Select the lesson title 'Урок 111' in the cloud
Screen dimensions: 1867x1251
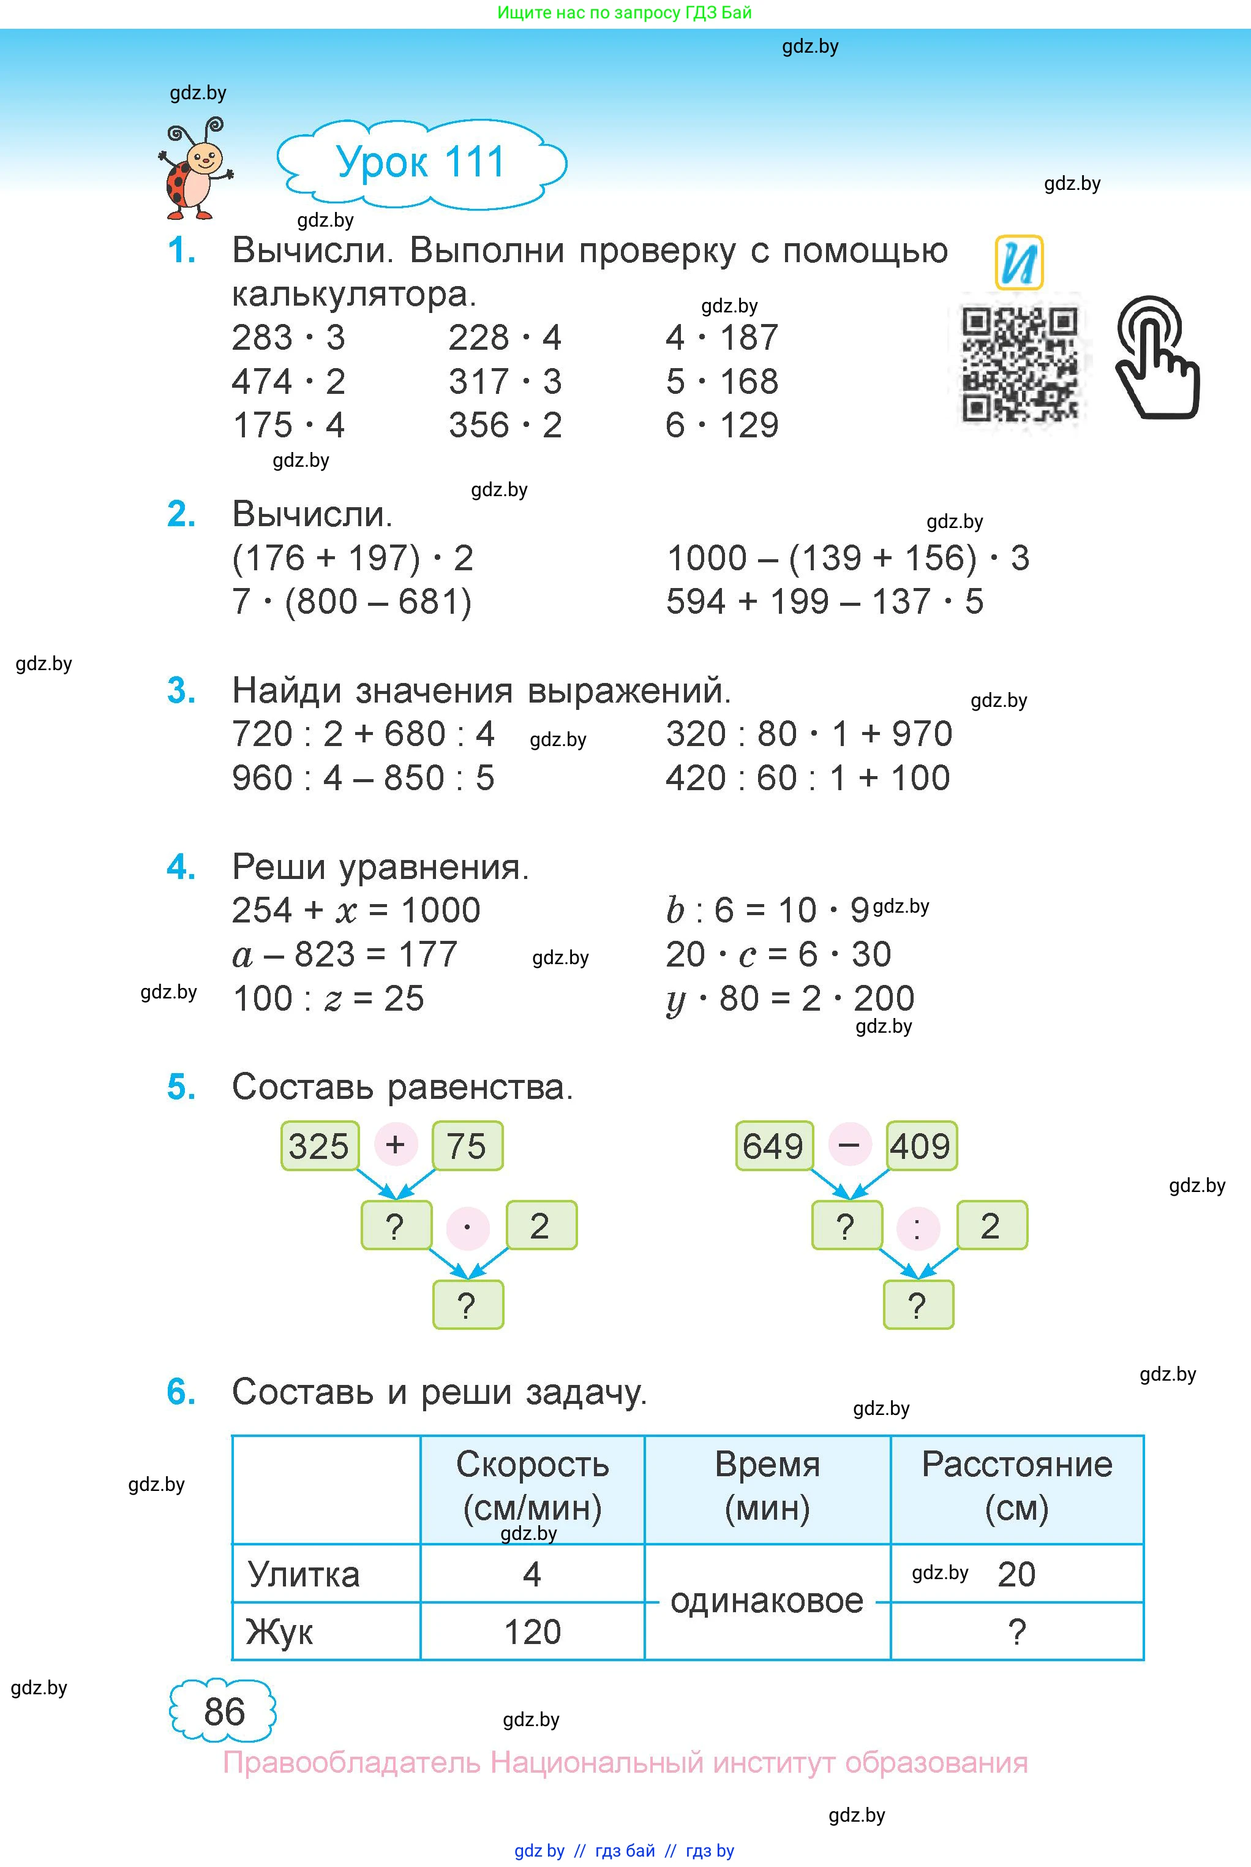[x=421, y=163]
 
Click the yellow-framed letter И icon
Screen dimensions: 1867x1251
[x=1019, y=262]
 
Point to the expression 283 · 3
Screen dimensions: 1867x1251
[x=288, y=338]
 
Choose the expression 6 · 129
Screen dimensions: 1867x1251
[x=721, y=425]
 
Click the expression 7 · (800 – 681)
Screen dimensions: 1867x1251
[x=352, y=602]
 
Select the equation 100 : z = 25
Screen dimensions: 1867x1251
[x=328, y=998]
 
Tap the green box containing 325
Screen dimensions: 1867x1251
[x=319, y=1145]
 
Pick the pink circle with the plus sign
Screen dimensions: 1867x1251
[x=396, y=1145]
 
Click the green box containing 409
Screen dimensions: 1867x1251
[x=921, y=1145]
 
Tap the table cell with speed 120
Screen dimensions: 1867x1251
[x=532, y=1632]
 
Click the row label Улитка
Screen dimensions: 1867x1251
[x=304, y=1574]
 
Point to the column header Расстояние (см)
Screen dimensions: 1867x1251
[x=1016, y=1485]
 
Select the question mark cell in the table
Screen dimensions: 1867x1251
[x=1016, y=1632]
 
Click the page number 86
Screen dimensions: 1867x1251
[x=224, y=1711]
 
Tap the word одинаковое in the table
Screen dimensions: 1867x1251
[x=767, y=1601]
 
